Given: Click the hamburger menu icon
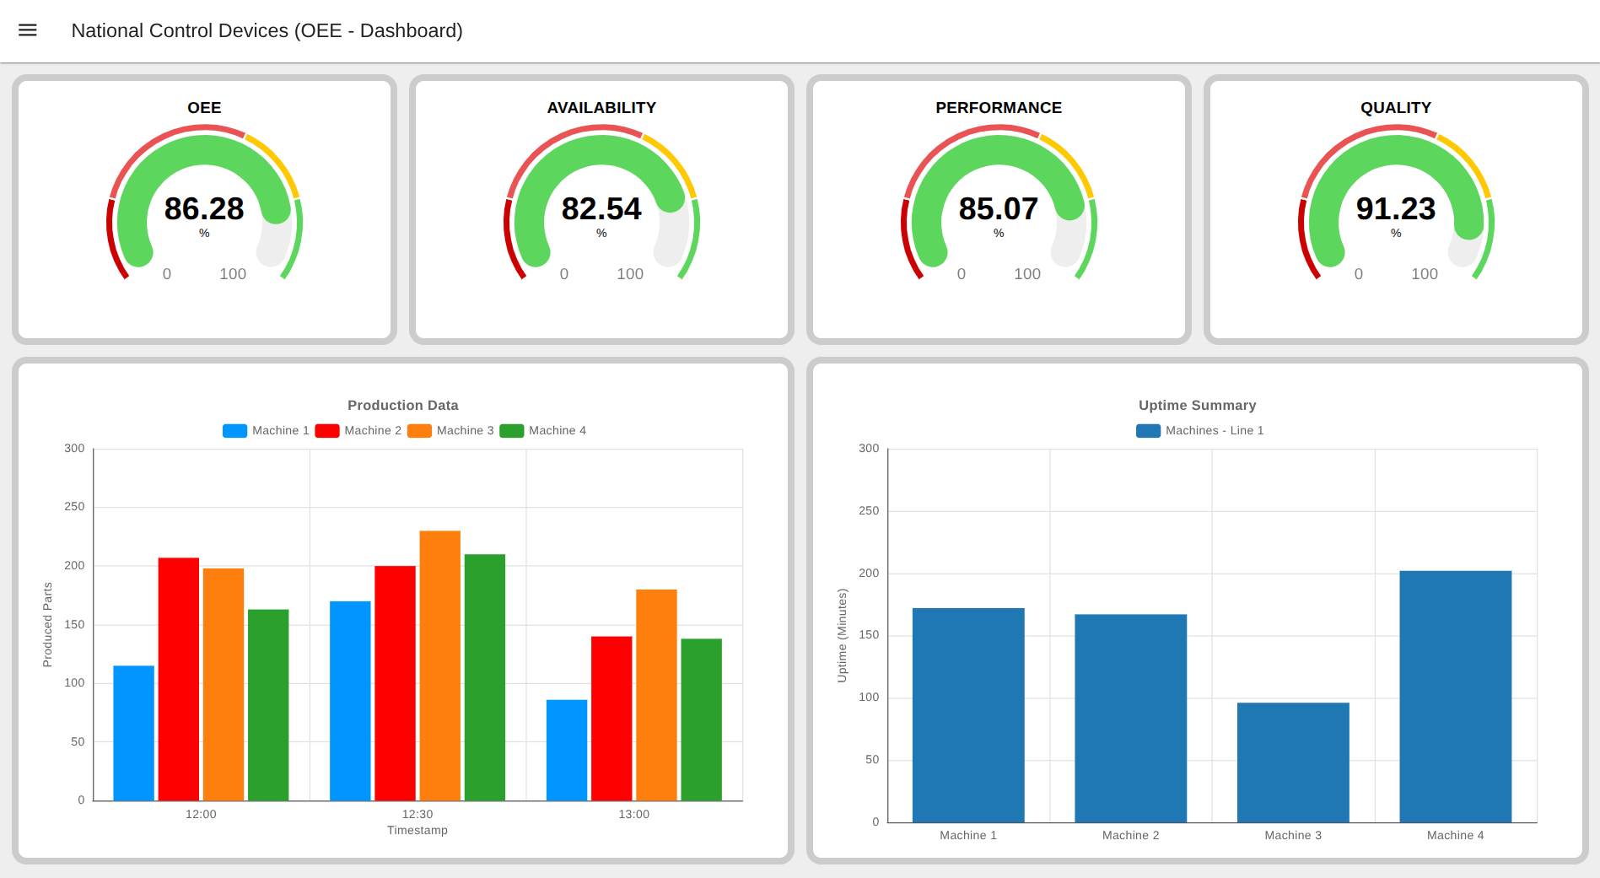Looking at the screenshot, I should coord(28,30).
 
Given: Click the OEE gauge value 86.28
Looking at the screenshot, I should coord(204,208).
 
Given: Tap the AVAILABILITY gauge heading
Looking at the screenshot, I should coord(601,108).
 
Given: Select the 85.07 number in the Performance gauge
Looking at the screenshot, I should coord(998,208).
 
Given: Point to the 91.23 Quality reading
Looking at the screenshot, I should coord(1395,208).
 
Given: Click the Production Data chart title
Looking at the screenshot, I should coord(402,406).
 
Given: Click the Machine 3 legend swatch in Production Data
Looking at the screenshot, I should coord(419,431).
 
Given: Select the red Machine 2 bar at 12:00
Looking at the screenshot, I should coord(179,679).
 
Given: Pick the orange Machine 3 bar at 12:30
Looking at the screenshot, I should coord(439,666).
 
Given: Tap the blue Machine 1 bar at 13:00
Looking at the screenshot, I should coord(567,750).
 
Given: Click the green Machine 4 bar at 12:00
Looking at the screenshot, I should coord(268,705).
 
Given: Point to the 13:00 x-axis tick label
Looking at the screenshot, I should coord(633,814).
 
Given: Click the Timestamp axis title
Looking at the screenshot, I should coord(418,831).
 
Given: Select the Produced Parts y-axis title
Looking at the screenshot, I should coord(48,624).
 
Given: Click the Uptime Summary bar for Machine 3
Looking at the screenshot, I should coord(1293,762).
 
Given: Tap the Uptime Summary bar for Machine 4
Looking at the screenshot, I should coord(1455,697).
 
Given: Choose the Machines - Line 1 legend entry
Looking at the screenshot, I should coord(1199,431).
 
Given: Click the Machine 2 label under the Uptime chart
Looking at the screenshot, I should coord(1130,835).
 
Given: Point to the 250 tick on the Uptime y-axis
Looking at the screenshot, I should coord(869,511).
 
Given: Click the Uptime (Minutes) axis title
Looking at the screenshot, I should coord(842,635).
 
